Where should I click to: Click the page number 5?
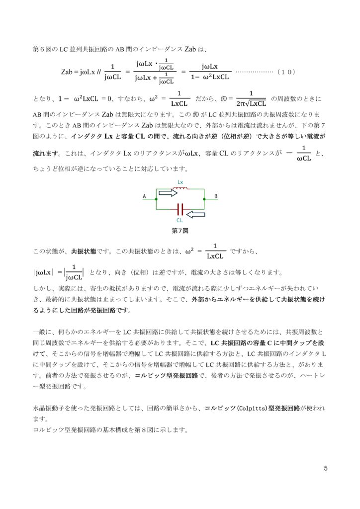(325, 468)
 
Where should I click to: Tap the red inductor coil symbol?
(180, 188)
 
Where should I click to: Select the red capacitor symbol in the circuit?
(180, 209)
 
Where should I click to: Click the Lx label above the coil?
(180, 182)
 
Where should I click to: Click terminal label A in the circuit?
(145, 197)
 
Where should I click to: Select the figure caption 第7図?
(180, 231)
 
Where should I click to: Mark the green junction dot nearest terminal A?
(156, 199)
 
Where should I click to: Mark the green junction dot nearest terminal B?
(204, 199)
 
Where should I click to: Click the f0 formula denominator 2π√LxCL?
(251, 103)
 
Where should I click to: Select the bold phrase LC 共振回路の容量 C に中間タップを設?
(269, 344)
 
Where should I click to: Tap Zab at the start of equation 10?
(68, 72)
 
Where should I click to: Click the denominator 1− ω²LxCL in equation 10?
(210, 77)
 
